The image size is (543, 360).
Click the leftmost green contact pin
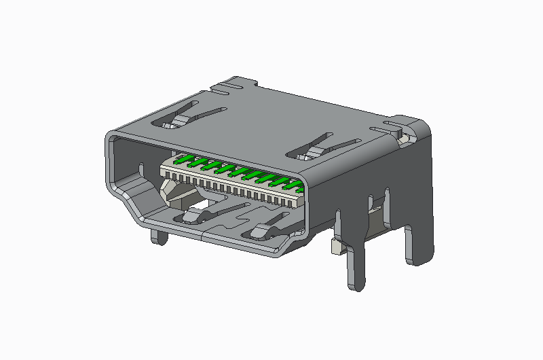(x=181, y=160)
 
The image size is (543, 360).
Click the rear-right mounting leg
(x=415, y=245)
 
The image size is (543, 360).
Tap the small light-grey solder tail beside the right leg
(x=335, y=247)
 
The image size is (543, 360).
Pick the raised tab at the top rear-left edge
(x=234, y=84)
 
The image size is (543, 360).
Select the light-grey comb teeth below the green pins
(x=231, y=187)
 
